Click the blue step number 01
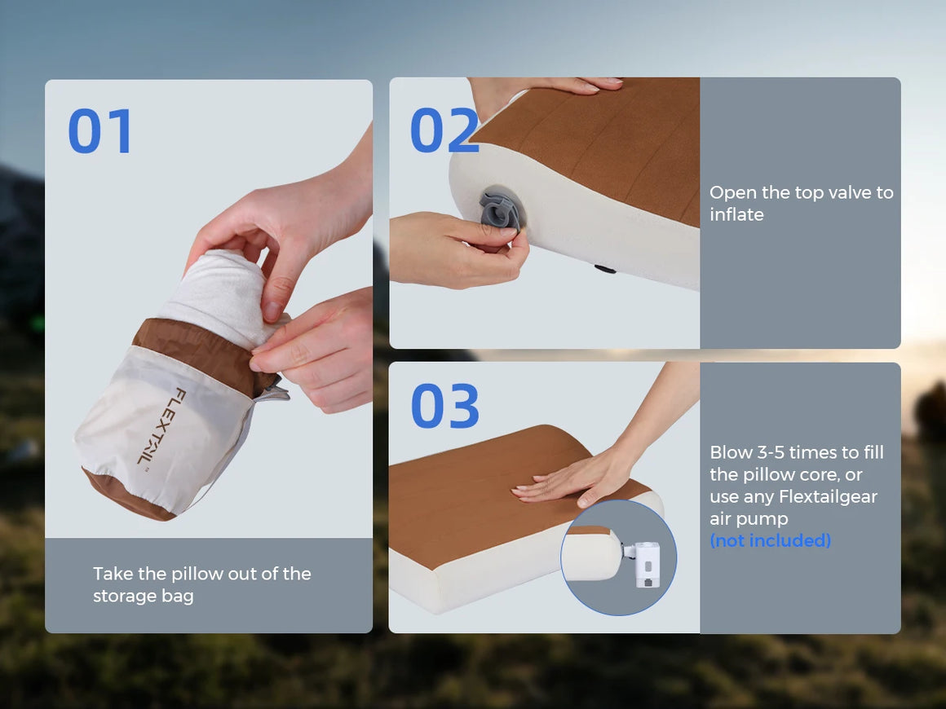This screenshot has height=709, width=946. [x=99, y=131]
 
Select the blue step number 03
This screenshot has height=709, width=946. [x=444, y=406]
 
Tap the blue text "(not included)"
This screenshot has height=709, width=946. [x=771, y=540]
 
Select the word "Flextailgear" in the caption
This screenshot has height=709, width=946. [x=828, y=496]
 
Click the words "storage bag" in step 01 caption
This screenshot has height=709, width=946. [x=143, y=596]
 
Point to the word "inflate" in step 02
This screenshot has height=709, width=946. [x=736, y=214]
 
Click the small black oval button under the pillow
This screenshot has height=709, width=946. [x=604, y=269]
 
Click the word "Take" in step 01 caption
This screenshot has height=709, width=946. [x=113, y=574]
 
